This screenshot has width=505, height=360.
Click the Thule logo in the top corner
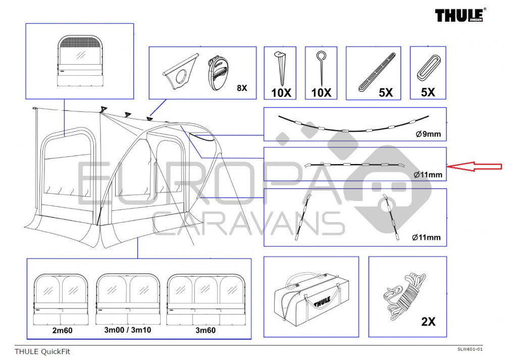461,15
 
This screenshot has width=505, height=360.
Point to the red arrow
475,166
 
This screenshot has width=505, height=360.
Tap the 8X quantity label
242,88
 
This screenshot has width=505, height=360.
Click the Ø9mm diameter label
428,134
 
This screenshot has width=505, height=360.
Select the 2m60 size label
62,330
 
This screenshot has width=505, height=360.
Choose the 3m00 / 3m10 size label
128,330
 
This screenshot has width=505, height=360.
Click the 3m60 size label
206,330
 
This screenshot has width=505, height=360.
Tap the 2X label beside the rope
428,321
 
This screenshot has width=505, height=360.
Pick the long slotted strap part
377,72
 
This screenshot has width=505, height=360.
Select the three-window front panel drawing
205,299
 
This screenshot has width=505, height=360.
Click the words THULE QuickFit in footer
42,351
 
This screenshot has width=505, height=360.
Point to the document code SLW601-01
470,349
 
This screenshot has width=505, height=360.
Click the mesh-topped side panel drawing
80,61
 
